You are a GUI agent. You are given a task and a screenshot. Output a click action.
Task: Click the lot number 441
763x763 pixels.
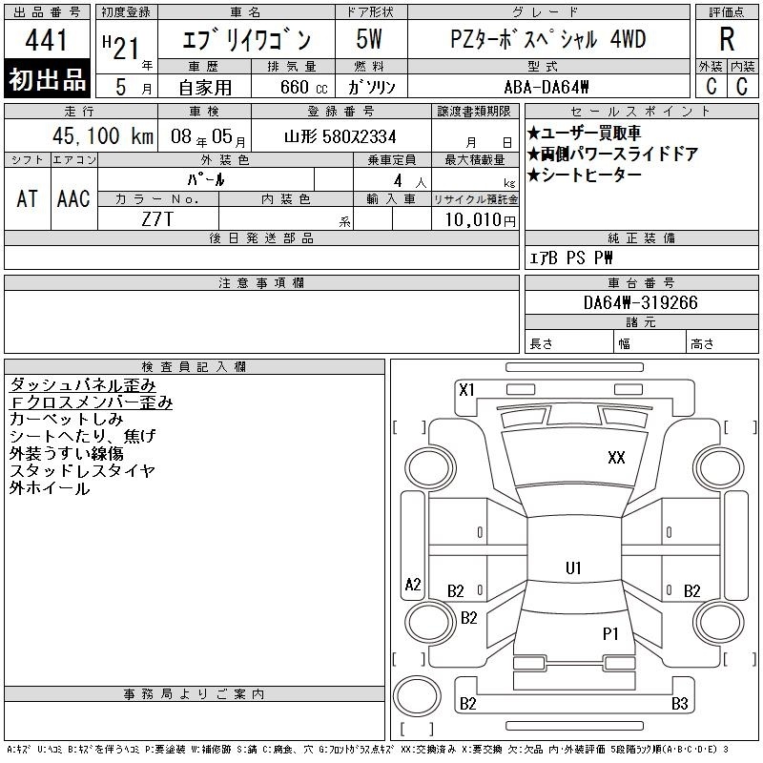coord(46,40)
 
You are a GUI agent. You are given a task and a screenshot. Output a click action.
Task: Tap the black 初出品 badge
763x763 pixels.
coord(47,79)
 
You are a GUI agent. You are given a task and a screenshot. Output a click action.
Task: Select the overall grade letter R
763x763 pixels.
coord(727,39)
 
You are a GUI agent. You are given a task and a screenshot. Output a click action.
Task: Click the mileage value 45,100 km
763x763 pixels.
coord(103,135)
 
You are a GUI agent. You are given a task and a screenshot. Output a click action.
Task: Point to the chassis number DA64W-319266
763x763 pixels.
coord(641,302)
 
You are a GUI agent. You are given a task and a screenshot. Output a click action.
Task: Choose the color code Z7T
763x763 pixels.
coord(157,219)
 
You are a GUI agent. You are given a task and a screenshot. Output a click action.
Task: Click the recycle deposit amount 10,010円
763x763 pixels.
coord(480,219)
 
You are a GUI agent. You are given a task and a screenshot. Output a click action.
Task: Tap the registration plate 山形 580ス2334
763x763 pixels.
coord(340,136)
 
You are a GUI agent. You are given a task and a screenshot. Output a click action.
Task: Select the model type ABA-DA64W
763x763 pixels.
coord(546,87)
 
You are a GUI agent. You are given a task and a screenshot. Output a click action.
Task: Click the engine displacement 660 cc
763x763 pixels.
coord(303,87)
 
